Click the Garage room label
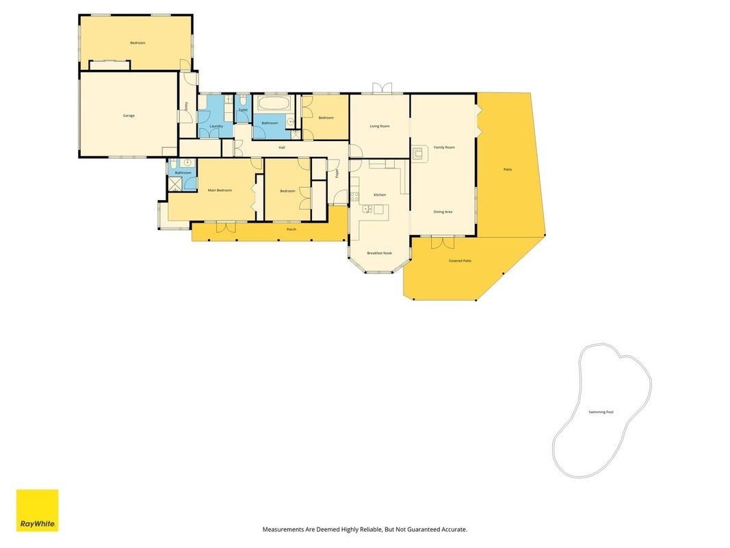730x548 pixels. coord(129,116)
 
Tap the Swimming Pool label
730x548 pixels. coord(601,412)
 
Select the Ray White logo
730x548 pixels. coord(37,510)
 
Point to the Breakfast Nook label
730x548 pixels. coord(380,253)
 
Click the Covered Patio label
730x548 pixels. coord(460,261)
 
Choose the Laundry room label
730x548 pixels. coord(216,126)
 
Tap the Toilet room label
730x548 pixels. coord(243,110)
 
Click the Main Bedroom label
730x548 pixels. coord(220,190)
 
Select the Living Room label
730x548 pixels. coord(380,126)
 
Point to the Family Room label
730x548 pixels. coord(444,147)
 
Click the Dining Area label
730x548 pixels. coord(443,212)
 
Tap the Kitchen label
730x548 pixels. coord(380,195)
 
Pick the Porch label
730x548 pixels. coord(291,229)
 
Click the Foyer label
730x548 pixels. coord(337,173)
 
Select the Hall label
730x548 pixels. coord(282,148)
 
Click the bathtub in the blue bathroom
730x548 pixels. coord(274,104)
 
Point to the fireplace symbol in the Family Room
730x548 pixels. coord(419,153)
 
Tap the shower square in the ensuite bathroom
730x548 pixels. coord(175,184)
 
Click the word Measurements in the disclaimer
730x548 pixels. coord(283,530)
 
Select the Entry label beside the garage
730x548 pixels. coord(186,106)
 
